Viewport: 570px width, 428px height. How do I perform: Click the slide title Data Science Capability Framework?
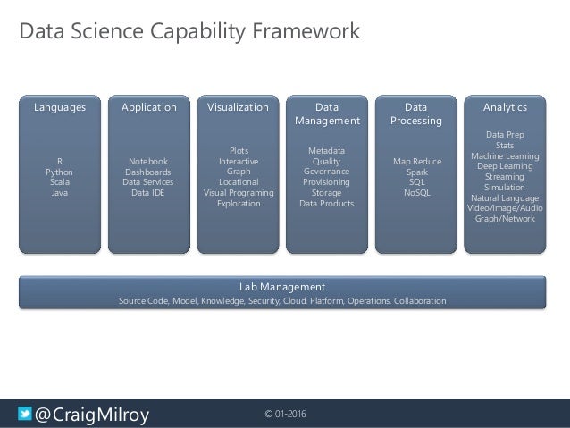coord(189,32)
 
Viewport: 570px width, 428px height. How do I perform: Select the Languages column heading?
coord(60,107)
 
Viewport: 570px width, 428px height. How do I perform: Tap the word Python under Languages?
coord(60,172)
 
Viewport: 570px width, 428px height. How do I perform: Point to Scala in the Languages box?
coord(60,181)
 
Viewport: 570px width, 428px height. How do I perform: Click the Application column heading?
coord(149,107)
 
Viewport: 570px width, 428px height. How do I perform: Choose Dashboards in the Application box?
coord(148,172)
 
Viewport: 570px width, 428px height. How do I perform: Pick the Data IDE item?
coord(148,192)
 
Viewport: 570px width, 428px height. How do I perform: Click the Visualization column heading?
coord(238,107)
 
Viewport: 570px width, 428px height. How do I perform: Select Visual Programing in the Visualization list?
coord(239,192)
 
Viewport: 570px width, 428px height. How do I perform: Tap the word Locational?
coord(239,181)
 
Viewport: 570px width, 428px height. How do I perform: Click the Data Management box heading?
coord(327,113)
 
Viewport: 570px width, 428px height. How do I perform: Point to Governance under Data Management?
coord(327,171)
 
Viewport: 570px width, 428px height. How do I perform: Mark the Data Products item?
coord(327,203)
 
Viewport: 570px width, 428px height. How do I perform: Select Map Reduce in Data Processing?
coord(415,161)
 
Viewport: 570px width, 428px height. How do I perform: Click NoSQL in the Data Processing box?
coord(415,192)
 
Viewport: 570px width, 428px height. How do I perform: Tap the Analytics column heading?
coord(505,107)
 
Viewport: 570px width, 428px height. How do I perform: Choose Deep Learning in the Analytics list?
coord(505,166)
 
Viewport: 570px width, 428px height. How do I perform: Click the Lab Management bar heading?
coord(282,287)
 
